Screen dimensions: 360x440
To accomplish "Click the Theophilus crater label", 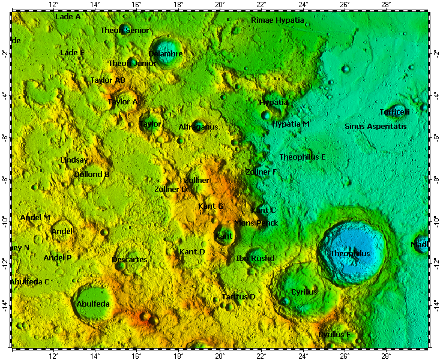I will (x=350, y=254).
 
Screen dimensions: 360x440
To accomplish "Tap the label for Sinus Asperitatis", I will (x=375, y=127).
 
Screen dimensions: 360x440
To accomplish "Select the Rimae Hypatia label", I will (x=277, y=20).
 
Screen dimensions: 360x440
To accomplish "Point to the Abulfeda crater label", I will (x=93, y=304).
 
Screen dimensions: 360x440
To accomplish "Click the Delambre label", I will (x=165, y=54).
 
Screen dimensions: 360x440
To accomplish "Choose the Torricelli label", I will (x=394, y=112).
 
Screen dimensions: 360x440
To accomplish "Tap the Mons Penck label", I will (x=256, y=223).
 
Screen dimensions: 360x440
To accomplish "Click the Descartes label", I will (x=129, y=260).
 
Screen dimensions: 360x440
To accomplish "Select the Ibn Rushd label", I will (x=255, y=259).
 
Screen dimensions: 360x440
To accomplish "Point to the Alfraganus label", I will (x=198, y=127).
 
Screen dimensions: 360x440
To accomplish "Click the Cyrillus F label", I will (x=334, y=334).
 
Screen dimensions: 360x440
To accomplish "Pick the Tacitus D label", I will (x=238, y=297).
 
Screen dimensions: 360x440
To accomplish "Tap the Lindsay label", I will (x=74, y=160).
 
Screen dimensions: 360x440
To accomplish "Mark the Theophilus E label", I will (x=303, y=157).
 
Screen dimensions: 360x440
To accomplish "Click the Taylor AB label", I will (x=107, y=80).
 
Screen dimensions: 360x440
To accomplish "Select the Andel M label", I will (x=35, y=217).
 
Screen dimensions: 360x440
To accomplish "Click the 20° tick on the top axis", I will (x=220, y=5).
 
